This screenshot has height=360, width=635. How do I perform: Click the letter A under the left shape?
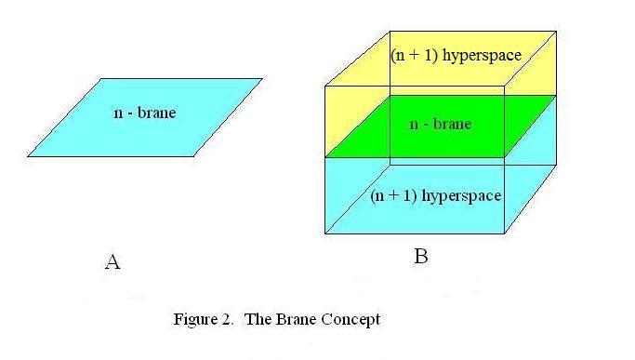[x=112, y=262]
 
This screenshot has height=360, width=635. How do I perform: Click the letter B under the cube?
[x=420, y=257]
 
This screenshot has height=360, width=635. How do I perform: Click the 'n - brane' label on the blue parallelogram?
[x=144, y=113]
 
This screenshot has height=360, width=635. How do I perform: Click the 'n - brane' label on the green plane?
[x=440, y=124]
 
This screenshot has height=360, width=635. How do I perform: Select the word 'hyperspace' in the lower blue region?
[x=461, y=195]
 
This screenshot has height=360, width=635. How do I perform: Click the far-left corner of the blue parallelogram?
[x=28, y=156]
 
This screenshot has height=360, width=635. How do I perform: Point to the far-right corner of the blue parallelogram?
[x=262, y=80]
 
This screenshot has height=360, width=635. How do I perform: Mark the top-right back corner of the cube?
[x=556, y=31]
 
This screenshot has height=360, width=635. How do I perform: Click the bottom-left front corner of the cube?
[x=325, y=233]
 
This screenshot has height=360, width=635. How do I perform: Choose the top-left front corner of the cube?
[x=325, y=87]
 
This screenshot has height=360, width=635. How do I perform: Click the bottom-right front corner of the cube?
[x=505, y=233]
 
